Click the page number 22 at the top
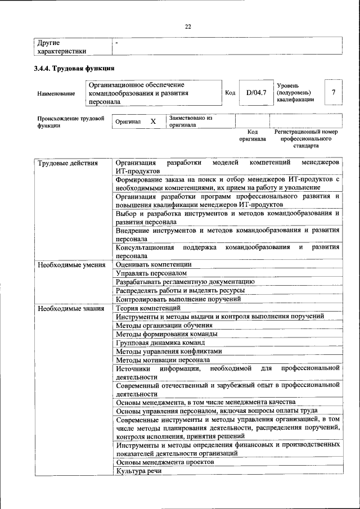188,26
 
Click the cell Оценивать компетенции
154,264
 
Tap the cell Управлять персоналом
150,273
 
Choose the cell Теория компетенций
148,308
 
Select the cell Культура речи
138,471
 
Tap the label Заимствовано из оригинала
190,121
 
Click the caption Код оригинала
251,135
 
